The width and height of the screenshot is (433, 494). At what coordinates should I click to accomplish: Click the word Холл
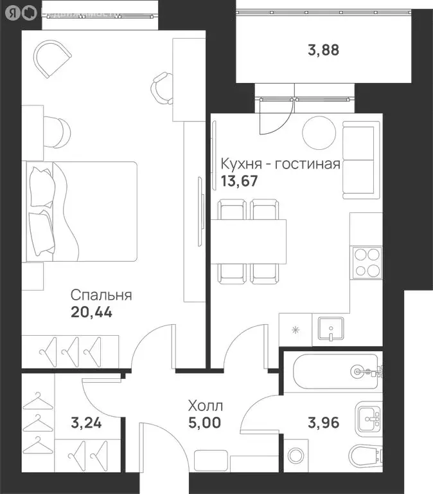coord(205,406)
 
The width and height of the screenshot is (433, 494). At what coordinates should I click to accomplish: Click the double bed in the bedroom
coord(81,212)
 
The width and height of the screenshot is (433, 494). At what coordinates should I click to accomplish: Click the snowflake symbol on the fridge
coord(296,331)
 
